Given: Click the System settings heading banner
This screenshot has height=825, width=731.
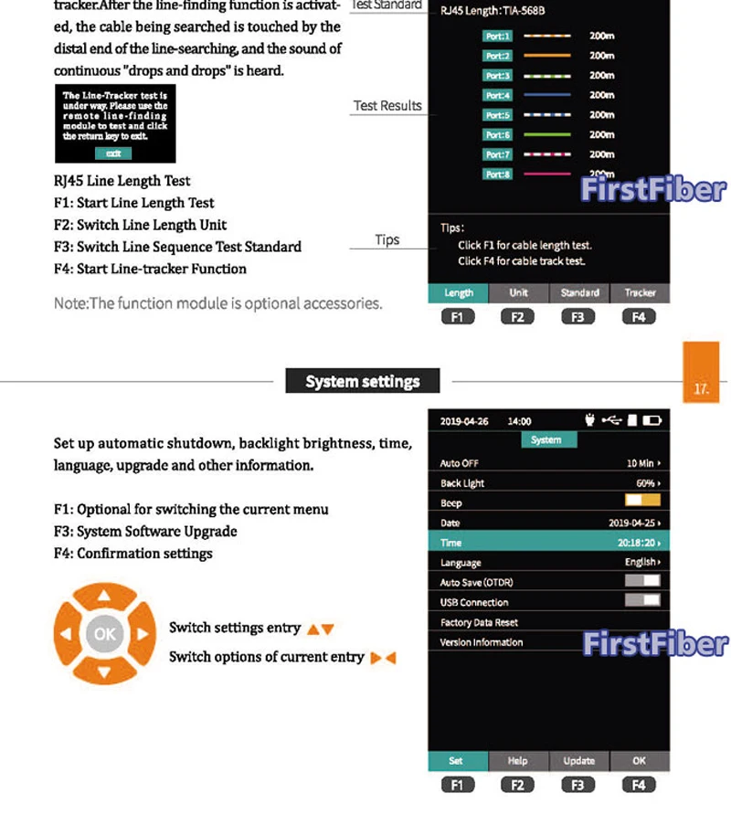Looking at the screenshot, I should click(x=363, y=381).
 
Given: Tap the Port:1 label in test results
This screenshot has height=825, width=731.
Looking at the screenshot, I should click(x=498, y=36).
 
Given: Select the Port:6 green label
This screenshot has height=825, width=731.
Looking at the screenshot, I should click(x=498, y=134).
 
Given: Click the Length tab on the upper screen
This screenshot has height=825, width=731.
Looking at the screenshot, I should click(x=458, y=292).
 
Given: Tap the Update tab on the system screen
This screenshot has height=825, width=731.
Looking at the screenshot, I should click(x=578, y=760).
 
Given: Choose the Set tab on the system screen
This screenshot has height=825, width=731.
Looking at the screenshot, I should click(x=456, y=760).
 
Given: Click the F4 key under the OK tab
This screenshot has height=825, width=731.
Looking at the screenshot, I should click(x=639, y=784).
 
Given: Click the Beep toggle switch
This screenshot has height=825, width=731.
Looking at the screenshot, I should click(x=642, y=502).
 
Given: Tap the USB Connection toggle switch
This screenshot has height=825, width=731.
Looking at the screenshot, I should click(x=642, y=600).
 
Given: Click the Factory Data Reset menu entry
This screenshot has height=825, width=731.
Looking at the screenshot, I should click(x=479, y=622).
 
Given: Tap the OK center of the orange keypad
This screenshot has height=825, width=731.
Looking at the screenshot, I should click(x=104, y=633).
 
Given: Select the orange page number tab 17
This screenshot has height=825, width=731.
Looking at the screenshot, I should click(x=701, y=373).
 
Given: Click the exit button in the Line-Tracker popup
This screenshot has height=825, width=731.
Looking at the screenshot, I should click(x=113, y=153).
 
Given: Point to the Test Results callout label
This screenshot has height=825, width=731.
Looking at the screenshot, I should click(x=387, y=106).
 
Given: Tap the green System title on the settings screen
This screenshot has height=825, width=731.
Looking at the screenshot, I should click(x=546, y=439).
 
